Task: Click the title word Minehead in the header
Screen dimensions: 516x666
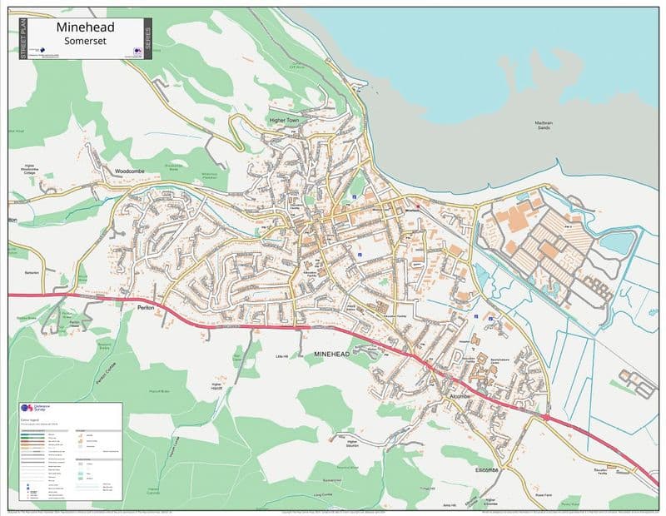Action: click(x=86, y=27)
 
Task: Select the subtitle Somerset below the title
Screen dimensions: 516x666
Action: click(x=86, y=42)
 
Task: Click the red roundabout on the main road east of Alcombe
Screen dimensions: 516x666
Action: click(x=545, y=416)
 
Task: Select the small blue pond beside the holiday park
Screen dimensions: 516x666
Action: click(x=615, y=242)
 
